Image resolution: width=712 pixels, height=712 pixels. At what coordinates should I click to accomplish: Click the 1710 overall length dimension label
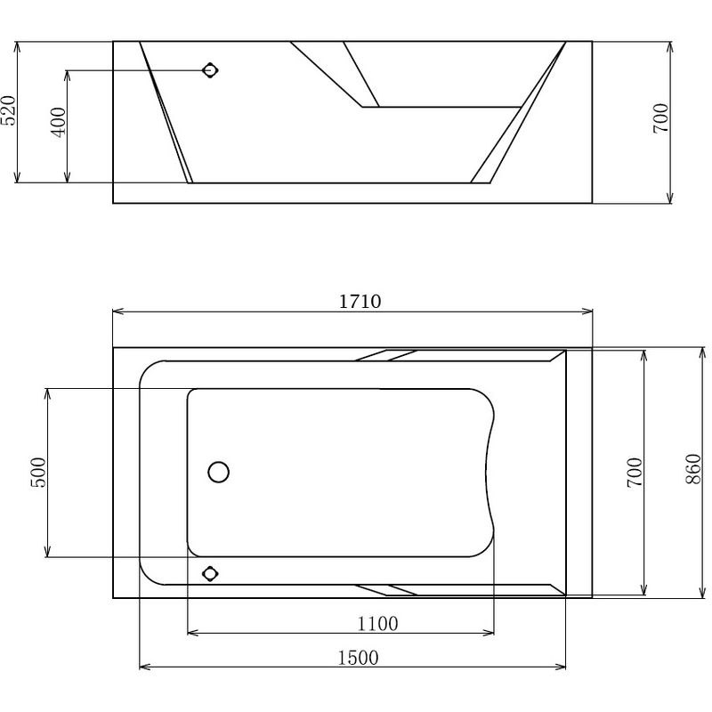360,301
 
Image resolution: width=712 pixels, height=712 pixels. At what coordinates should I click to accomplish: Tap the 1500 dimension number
358,658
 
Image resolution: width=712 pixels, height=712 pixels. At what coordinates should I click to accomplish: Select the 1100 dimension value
377,624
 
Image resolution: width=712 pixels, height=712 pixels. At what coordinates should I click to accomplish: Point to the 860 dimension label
693,469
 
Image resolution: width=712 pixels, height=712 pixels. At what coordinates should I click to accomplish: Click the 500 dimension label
38,473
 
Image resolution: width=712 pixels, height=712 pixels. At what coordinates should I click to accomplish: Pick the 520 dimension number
8,110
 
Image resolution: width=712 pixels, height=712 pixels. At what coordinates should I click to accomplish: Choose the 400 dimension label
59,122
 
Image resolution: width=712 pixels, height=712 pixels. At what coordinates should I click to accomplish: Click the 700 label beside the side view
660,118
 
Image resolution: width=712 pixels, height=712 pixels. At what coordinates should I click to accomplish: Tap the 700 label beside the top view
635,473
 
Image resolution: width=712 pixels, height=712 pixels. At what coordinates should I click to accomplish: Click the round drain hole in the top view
218,472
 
